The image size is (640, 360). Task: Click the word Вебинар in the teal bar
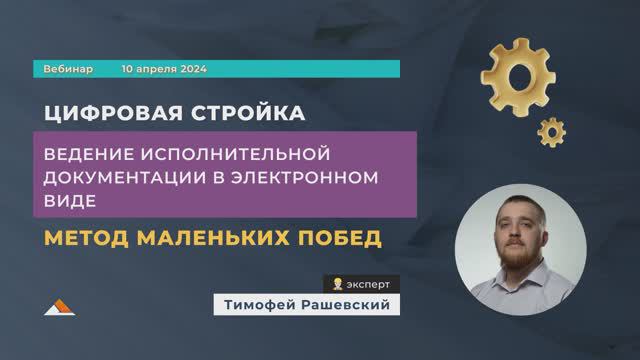69,70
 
